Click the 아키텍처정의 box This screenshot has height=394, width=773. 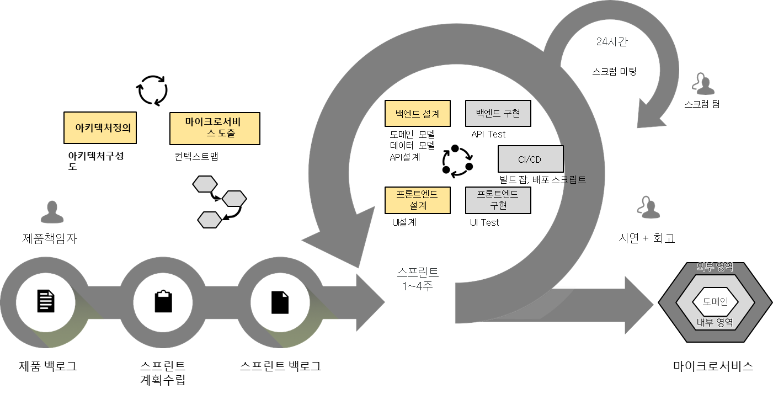pos(100,128)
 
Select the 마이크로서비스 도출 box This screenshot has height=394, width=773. pos(215,129)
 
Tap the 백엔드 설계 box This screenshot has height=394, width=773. pos(417,114)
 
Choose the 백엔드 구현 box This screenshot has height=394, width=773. pos(498,114)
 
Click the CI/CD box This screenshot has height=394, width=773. pos(530,159)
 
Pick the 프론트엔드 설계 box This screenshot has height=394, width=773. pos(417,200)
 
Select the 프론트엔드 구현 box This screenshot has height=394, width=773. pos(498,200)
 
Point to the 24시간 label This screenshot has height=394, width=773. pos(611,42)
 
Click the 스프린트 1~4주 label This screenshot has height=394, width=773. pos(418,279)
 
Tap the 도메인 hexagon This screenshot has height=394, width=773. pos(715,301)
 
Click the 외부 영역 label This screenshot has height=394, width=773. pos(715,267)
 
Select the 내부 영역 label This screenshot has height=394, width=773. pos(715,323)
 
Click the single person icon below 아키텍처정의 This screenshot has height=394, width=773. pos(52,212)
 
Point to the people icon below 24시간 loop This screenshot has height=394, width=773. pos(702,84)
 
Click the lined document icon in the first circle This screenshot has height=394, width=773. pos(46,301)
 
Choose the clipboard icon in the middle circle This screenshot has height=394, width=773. pos(163,301)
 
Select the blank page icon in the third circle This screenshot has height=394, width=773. pos(280,302)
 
